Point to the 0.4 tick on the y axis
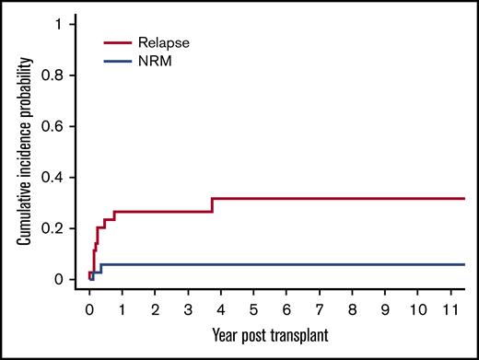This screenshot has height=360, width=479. (64, 177)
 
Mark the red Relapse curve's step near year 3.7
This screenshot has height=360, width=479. (213, 204)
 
